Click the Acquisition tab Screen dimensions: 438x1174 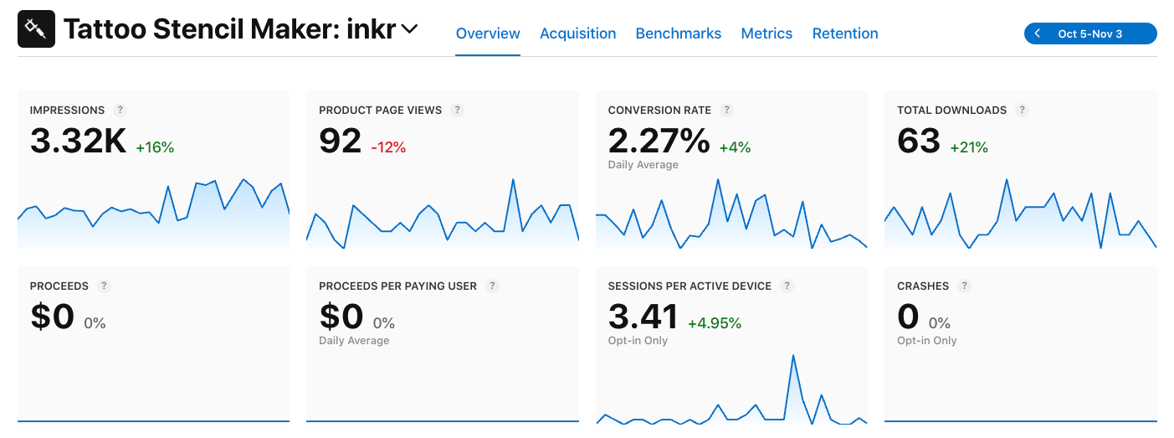[577, 33]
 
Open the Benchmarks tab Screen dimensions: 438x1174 [678, 33]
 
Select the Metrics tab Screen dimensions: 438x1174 [766, 33]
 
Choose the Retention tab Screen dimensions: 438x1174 [845, 33]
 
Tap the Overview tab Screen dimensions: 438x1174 [488, 33]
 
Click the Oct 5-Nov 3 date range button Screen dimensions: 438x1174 [1090, 33]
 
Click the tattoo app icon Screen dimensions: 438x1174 [36, 29]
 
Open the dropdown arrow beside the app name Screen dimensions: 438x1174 [409, 29]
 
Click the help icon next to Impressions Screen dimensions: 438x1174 [120, 110]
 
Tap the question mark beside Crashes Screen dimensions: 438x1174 [965, 286]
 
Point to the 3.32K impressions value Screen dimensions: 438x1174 [78, 142]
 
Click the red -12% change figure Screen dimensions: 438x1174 [388, 147]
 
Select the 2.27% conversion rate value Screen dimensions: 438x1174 [659, 142]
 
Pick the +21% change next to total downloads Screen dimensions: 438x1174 [969, 147]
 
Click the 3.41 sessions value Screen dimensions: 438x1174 [643, 317]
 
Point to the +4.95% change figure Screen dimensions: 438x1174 [715, 323]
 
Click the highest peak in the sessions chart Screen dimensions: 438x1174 [792, 356]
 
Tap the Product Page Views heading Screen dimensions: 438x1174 [380, 110]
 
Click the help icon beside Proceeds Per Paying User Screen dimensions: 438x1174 [493, 286]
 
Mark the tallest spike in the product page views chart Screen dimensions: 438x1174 [512, 180]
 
